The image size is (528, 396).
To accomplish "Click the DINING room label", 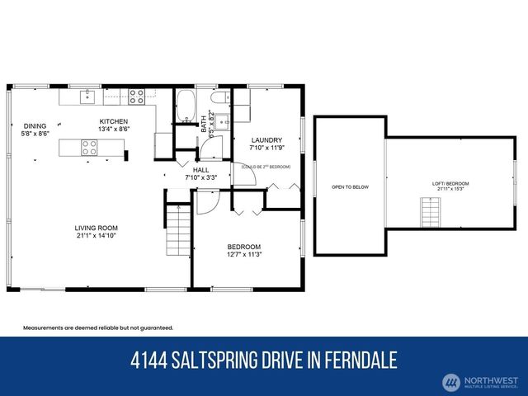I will (x=35, y=125).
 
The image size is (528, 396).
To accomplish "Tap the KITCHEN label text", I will (x=114, y=121).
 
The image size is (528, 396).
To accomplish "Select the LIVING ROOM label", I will (x=95, y=228).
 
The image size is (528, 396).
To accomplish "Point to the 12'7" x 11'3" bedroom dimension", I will (x=244, y=255).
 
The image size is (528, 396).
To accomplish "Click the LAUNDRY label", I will (x=266, y=140).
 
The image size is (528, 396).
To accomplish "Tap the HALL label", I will (x=200, y=169).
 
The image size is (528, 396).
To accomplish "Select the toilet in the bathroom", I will (x=219, y=101).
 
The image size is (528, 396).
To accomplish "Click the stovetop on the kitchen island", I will (x=89, y=148).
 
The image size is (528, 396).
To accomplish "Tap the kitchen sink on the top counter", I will (x=87, y=97).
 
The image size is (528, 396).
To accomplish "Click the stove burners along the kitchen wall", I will (x=137, y=97).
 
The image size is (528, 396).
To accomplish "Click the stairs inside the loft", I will (x=431, y=216).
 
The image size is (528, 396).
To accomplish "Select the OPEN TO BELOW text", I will (x=350, y=187).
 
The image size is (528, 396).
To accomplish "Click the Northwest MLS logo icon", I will (x=451, y=382).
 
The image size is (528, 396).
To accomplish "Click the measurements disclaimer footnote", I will (x=97, y=328).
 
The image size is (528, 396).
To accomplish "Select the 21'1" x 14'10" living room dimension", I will (x=95, y=236).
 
